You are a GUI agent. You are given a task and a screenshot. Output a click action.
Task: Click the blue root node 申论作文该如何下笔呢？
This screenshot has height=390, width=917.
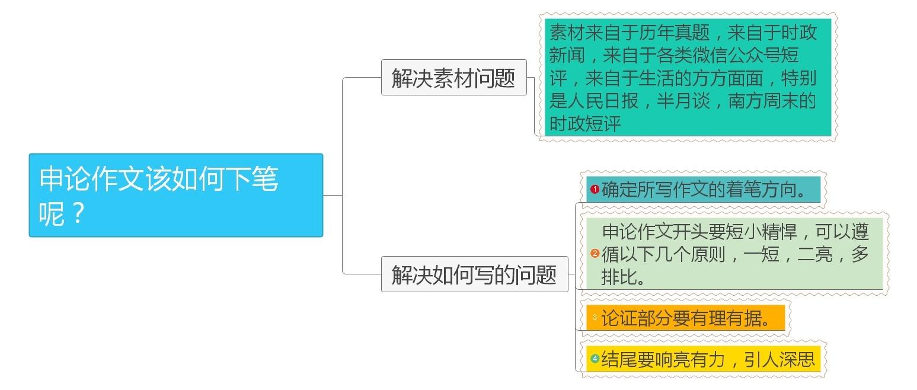[175, 195]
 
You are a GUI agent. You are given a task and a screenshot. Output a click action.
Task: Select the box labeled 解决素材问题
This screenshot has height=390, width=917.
[453, 77]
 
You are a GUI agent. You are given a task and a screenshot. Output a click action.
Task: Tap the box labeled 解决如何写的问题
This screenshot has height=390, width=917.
[474, 274]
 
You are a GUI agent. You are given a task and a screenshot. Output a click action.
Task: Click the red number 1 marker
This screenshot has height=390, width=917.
[595, 190]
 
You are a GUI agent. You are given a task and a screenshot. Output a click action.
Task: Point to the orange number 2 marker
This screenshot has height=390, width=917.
[595, 253]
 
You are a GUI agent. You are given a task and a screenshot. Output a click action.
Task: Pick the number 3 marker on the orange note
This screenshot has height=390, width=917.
[595, 318]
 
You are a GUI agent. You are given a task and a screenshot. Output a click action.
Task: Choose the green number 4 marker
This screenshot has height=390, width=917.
[595, 358]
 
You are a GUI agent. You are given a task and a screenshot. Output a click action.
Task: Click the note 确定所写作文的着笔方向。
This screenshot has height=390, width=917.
[704, 190]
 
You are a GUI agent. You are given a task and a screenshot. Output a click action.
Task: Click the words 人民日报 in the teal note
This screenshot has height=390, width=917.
[603, 101]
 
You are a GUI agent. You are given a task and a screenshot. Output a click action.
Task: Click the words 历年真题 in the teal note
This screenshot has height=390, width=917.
[674, 32]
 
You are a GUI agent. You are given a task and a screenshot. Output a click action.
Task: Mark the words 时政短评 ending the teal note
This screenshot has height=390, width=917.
[585, 124]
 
